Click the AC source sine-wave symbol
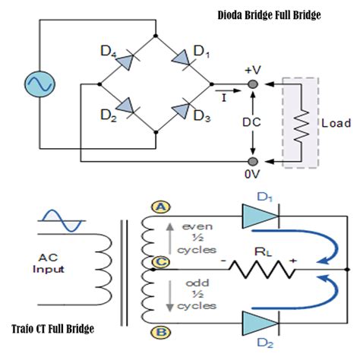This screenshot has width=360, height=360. (x=39, y=84)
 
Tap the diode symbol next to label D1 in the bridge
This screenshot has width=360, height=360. (x=182, y=59)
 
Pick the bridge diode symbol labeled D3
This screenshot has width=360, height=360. (x=182, y=109)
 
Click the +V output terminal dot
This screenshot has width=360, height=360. (x=252, y=84)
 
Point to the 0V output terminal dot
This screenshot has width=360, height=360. (x=252, y=161)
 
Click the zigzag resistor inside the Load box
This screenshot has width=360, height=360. (x=302, y=126)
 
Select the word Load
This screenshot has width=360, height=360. (x=336, y=123)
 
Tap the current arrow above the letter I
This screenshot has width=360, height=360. (x=228, y=90)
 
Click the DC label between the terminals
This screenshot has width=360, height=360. (x=251, y=122)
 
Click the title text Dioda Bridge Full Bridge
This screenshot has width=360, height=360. (x=270, y=15)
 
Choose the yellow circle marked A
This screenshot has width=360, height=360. (x=161, y=207)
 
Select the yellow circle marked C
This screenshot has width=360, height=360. (x=161, y=262)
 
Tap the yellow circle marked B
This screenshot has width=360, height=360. (x=161, y=333)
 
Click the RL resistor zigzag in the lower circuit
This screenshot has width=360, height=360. (x=262, y=270)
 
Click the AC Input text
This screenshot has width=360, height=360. (x=49, y=264)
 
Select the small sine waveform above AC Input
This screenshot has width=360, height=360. (x=62, y=220)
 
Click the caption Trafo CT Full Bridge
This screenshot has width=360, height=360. (x=52, y=329)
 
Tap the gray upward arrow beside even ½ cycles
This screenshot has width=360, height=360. (x=170, y=238)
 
